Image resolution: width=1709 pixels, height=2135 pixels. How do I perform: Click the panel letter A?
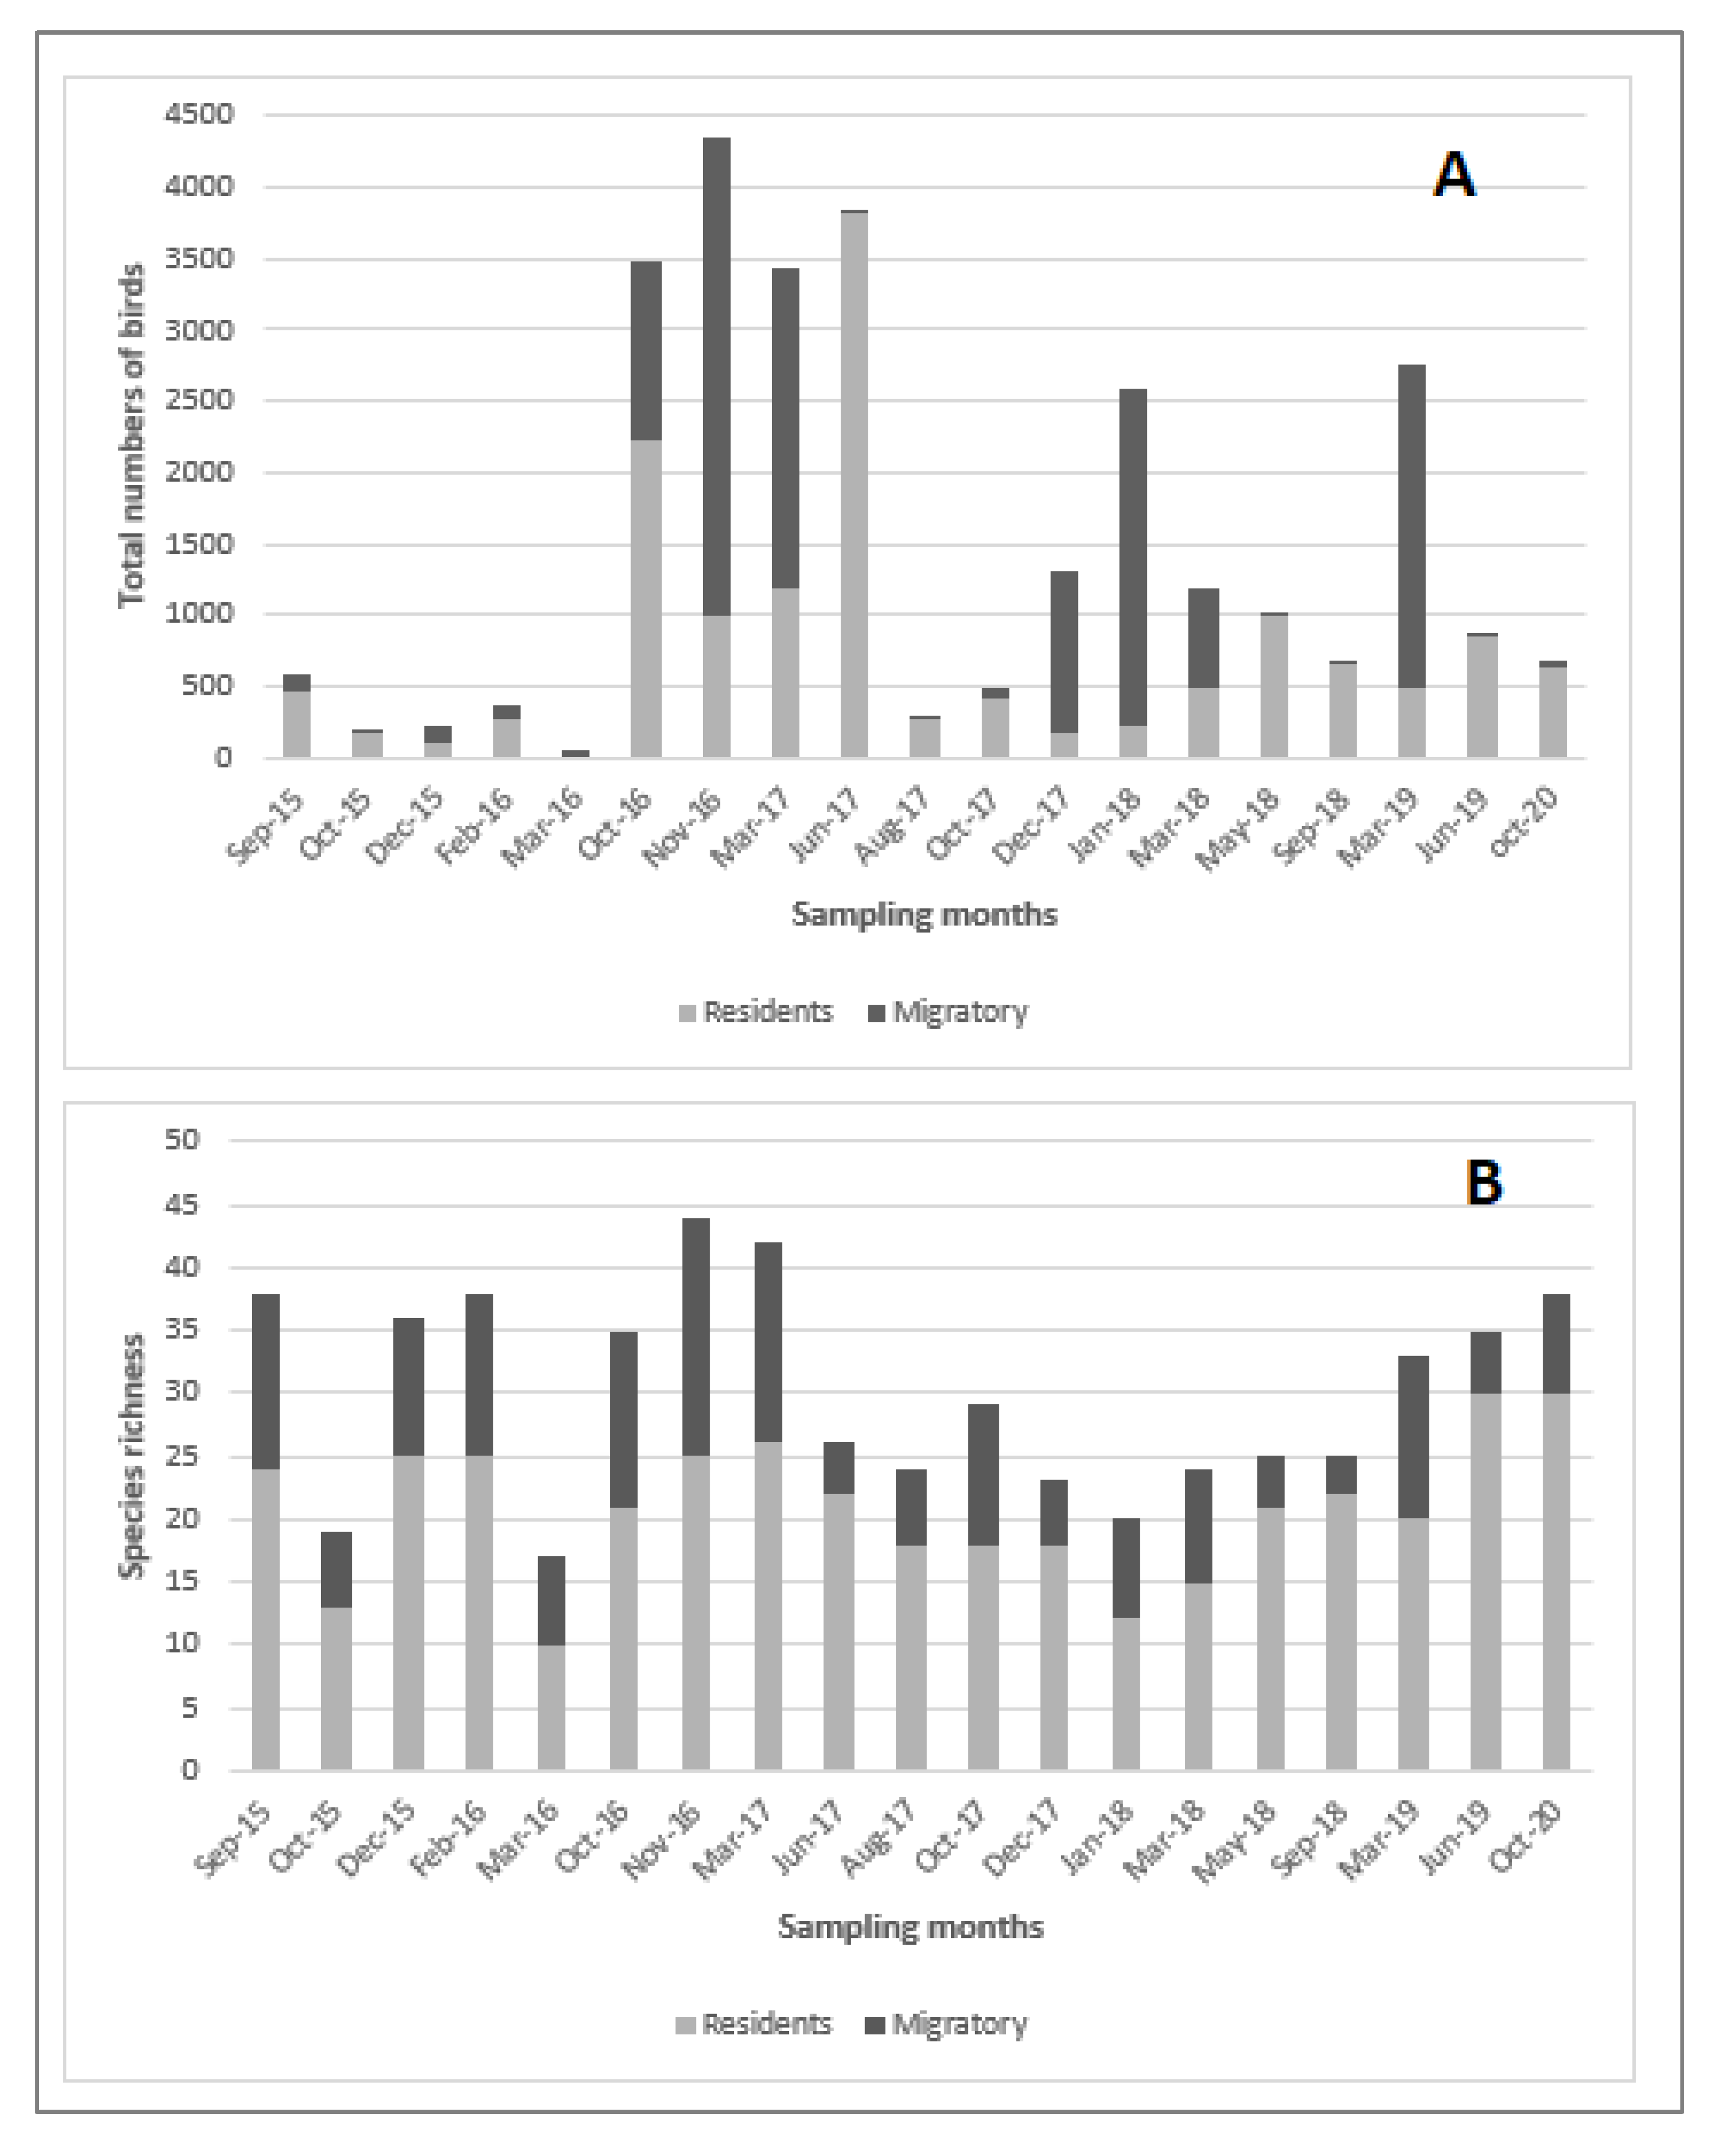click(x=1454, y=175)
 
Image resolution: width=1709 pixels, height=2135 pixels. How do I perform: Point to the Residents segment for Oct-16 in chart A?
click(x=646, y=599)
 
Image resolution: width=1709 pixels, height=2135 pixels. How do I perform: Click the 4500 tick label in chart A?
click(x=199, y=114)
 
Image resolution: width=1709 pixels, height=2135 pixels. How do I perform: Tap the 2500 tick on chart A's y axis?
click(x=199, y=400)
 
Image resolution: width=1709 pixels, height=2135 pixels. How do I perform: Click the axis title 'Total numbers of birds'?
click(x=132, y=435)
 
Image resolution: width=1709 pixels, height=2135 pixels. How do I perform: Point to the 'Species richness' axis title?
click(x=132, y=1456)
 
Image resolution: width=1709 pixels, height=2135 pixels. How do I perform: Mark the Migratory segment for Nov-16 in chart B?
click(x=696, y=1337)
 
